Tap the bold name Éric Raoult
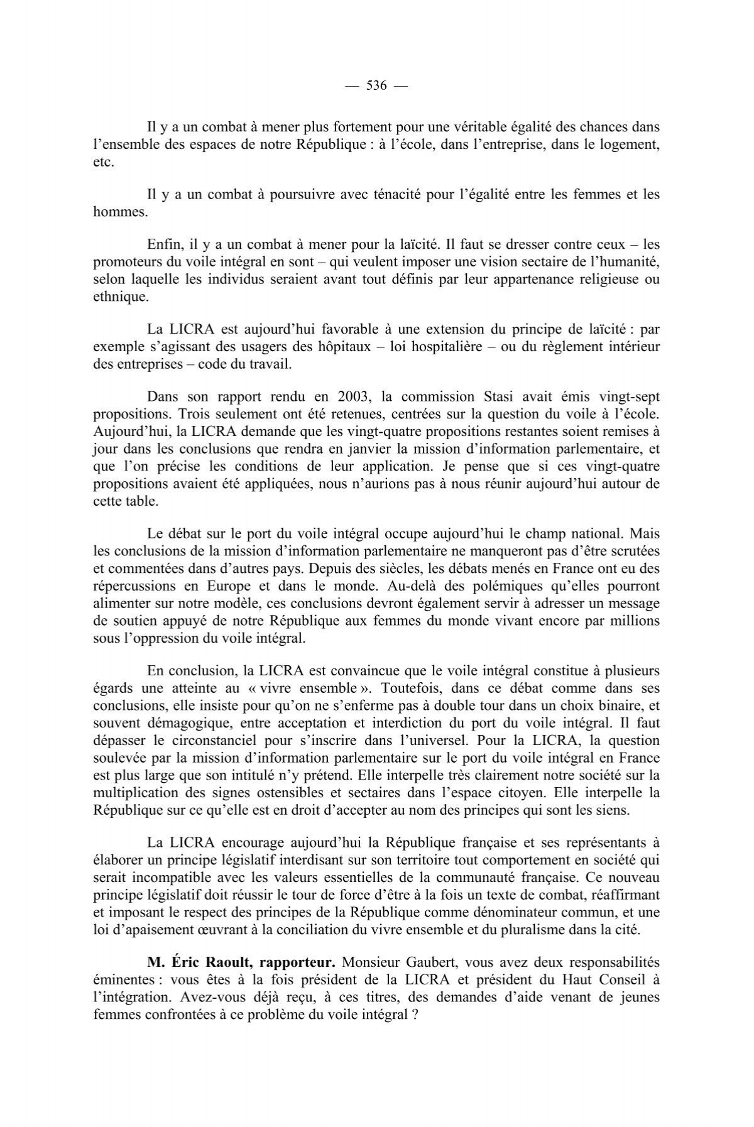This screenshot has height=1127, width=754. [x=204, y=962]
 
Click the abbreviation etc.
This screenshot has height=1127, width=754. [x=104, y=162]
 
